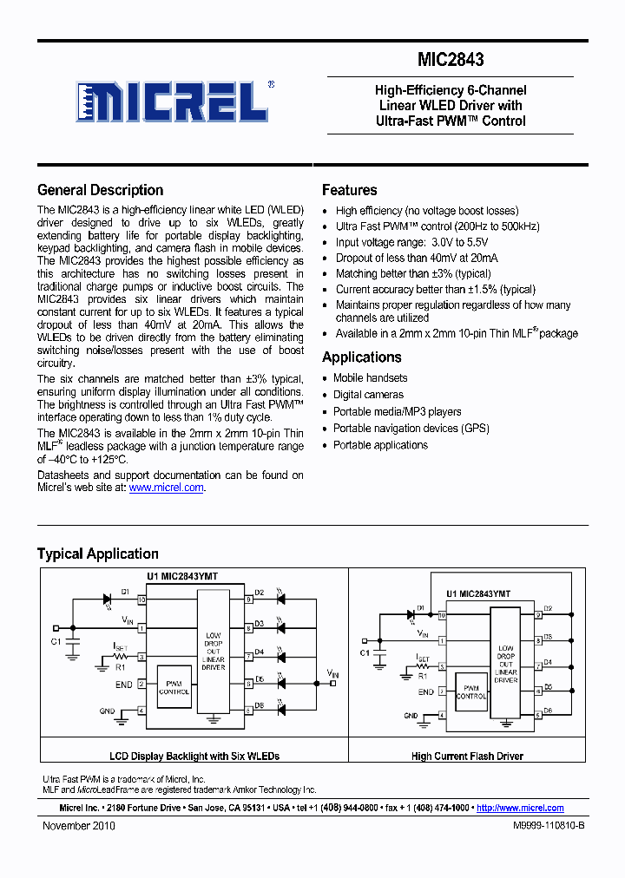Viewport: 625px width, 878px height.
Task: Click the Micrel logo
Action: pos(171,102)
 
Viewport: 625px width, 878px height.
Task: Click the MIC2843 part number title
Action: pos(450,60)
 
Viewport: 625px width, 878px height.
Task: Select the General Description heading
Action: pos(100,190)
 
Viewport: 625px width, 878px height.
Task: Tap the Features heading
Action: pos(349,190)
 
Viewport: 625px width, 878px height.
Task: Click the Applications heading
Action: pos(361,357)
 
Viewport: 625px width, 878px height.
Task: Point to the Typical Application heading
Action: pos(97,554)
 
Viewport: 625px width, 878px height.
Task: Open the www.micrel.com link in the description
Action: pos(166,488)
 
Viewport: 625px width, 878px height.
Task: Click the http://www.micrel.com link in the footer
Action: pos(520,808)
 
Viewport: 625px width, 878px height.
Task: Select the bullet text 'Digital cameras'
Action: pos(368,395)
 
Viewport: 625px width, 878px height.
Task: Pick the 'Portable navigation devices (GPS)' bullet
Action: pos(411,429)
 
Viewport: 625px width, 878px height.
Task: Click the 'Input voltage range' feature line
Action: pos(411,242)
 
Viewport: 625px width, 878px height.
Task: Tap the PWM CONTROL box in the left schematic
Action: pos(174,687)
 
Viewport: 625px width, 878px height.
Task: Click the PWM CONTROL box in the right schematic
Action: pos(471,691)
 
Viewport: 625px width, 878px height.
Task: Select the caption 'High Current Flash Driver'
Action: pos(467,757)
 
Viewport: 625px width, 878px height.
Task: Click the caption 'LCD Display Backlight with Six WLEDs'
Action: pos(194,757)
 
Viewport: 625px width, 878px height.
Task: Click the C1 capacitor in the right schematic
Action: pos(378,654)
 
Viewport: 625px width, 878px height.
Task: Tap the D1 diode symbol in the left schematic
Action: pos(107,599)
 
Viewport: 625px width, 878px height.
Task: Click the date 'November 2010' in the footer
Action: pos(79,826)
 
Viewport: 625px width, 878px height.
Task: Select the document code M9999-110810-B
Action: pos(536,826)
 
